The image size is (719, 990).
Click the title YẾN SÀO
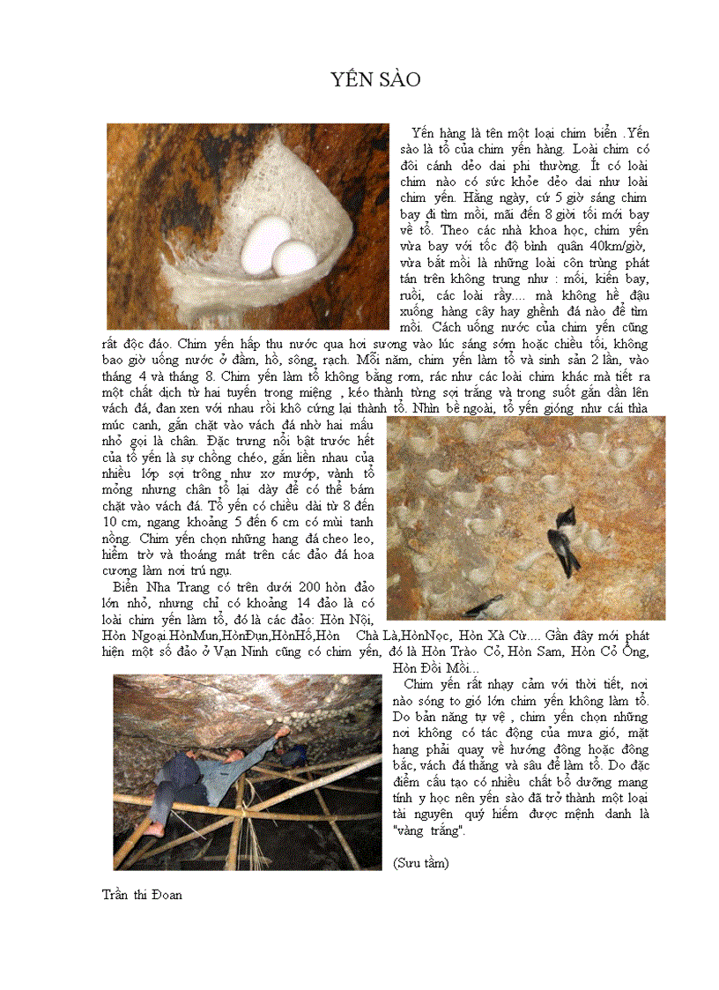(376, 80)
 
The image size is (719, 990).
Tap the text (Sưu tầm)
(420, 864)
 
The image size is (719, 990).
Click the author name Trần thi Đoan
(142, 895)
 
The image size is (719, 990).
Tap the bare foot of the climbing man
(155, 830)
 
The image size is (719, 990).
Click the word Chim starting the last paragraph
(419, 684)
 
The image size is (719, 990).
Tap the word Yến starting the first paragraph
(425, 133)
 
